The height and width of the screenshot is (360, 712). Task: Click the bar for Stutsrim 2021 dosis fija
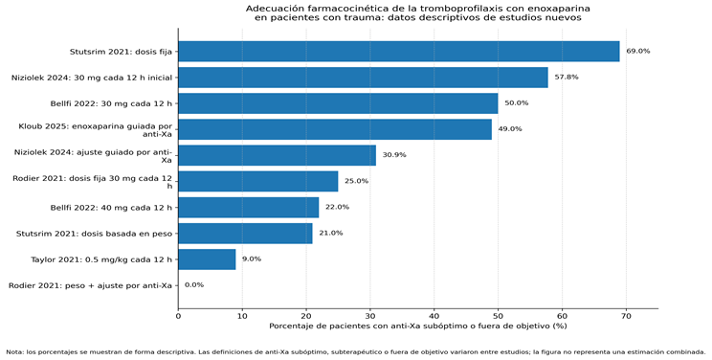click(x=399, y=52)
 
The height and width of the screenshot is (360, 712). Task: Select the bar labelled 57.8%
click(x=363, y=78)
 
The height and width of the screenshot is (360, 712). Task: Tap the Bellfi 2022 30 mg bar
click(x=338, y=103)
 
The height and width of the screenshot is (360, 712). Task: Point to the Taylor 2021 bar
click(x=207, y=259)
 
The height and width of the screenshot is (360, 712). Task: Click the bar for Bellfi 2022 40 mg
click(x=249, y=207)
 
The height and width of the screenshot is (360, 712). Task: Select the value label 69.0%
click(x=638, y=52)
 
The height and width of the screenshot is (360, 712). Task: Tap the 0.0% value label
click(x=194, y=285)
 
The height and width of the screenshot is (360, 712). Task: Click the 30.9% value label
click(x=394, y=155)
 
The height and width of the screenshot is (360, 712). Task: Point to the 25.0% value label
click(x=356, y=181)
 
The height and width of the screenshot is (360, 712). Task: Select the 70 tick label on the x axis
click(x=626, y=316)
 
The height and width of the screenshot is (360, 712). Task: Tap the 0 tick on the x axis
click(x=178, y=316)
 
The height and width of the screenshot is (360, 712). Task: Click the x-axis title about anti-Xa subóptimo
click(x=418, y=326)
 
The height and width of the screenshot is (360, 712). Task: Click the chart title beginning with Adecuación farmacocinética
click(x=418, y=13)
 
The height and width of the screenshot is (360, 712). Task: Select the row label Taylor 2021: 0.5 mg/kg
click(x=101, y=259)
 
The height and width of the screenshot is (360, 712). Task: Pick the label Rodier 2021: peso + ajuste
click(x=90, y=285)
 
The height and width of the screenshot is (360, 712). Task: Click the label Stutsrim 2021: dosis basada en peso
click(x=95, y=234)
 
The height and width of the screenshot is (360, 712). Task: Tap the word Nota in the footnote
click(x=14, y=351)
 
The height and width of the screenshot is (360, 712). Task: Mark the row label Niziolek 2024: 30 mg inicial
click(x=92, y=78)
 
